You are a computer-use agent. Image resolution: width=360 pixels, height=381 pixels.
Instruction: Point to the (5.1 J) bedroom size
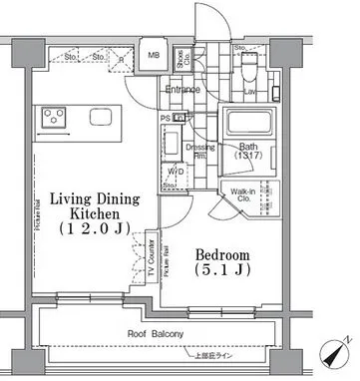pos(221,270)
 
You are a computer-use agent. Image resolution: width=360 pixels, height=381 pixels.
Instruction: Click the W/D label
pos(175,171)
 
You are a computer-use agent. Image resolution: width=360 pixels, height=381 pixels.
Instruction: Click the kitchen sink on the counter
pos(101,118)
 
